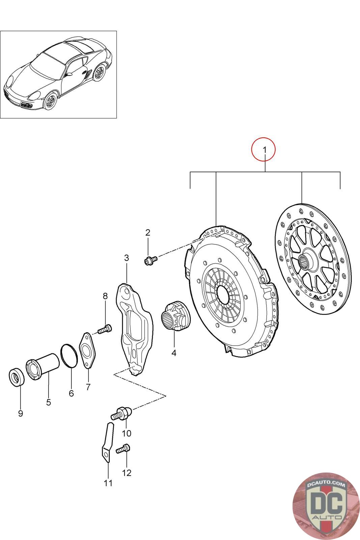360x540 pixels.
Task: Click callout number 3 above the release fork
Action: pyautogui.click(x=127, y=258)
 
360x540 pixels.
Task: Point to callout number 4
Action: pyautogui.click(x=174, y=353)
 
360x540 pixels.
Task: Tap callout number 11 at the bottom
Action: pyautogui.click(x=108, y=483)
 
